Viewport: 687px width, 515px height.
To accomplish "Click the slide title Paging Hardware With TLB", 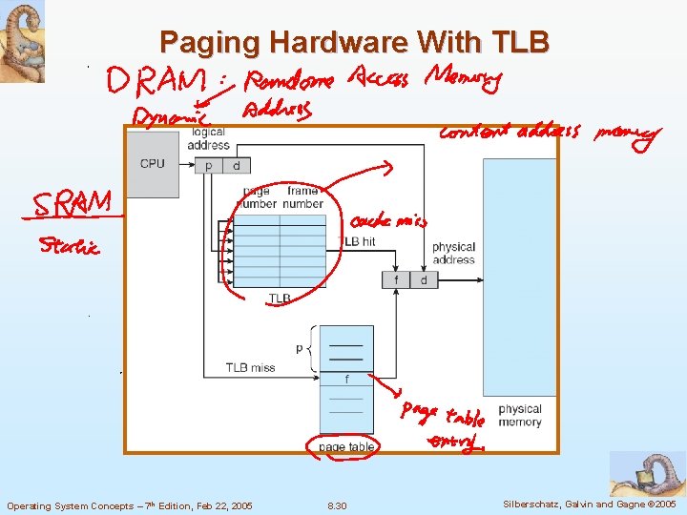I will pos(354,42).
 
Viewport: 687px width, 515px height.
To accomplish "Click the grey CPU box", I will pos(153,164).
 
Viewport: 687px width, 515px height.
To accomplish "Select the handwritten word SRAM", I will pos(73,204).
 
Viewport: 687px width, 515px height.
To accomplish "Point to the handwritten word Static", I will pos(69,248).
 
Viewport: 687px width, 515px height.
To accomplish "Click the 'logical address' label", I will pos(208,138).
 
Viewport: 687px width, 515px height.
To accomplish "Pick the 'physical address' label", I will pos(453,253).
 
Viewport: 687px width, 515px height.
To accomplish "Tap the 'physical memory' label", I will pos(520,415).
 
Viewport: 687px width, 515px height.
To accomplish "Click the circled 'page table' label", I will pos(346,446).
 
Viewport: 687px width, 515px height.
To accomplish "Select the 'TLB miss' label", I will pos(250,367).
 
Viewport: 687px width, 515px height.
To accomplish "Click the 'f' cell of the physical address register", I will pos(396,279).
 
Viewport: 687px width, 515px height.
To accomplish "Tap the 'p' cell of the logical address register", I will pos(209,166).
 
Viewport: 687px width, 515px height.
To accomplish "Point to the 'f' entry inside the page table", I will pos(346,380).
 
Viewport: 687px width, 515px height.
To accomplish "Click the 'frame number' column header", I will pos(302,197).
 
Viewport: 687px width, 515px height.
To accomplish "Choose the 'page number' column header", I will pos(259,197).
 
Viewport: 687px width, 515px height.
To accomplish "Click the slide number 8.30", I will pos(337,505).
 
